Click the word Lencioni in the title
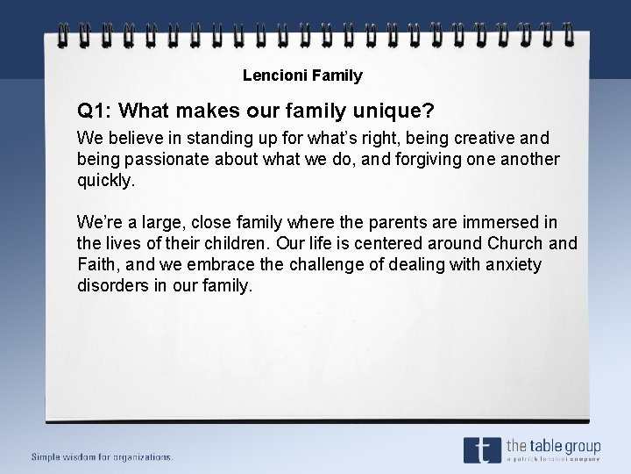click(270, 75)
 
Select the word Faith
click(97, 265)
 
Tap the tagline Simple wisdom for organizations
click(103, 456)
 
